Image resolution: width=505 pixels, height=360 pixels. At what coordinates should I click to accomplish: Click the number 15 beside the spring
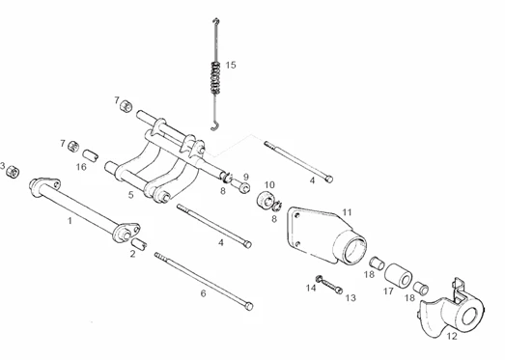coord(231,65)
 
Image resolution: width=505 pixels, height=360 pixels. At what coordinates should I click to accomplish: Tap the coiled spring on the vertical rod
coord(215,78)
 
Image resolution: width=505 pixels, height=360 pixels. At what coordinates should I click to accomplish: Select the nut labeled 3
coord(14,172)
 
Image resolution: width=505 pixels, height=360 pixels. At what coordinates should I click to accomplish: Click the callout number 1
coord(70,221)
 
